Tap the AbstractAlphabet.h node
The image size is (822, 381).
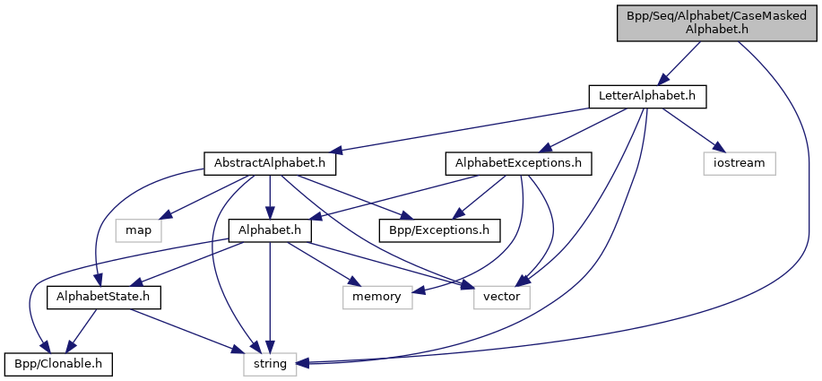270,164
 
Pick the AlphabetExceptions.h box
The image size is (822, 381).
518,164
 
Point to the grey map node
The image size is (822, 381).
138,230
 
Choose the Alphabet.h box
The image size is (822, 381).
270,230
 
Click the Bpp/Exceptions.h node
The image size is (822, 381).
439,230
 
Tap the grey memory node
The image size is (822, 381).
377,297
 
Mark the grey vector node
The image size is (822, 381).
502,297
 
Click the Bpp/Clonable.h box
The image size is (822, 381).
59,363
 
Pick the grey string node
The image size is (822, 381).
270,363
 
